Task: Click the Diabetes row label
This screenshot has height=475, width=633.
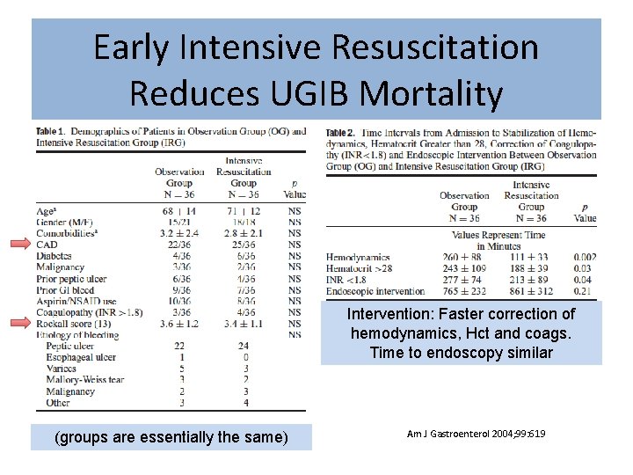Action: tap(55, 256)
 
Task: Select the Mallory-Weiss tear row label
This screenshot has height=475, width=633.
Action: tap(85, 380)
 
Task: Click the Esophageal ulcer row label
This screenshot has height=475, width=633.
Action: tap(82, 358)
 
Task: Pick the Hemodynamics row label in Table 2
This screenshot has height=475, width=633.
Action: tap(358, 257)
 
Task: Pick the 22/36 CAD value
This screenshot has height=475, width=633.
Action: tap(179, 245)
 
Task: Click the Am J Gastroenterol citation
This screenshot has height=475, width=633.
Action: tap(476, 434)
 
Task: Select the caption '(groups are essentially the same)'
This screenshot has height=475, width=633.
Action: tap(171, 437)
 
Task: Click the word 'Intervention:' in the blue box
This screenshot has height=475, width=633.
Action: tap(383, 314)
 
